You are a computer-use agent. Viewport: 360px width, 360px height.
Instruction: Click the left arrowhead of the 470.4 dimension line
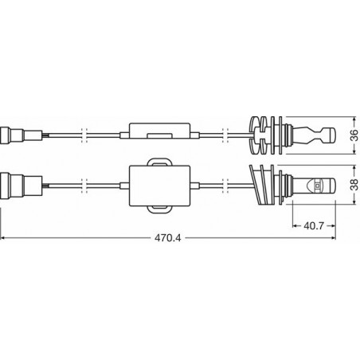point(4,237)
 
